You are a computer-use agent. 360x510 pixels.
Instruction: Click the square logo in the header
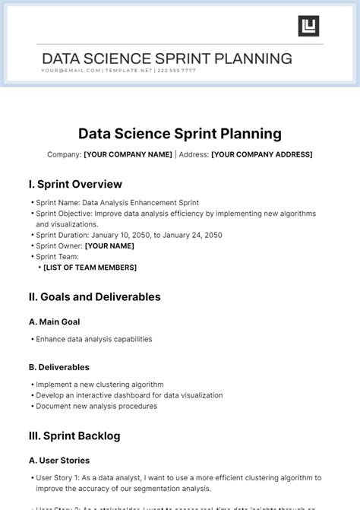pos(308,26)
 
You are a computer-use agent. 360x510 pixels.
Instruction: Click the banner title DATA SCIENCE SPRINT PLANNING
pos(167,59)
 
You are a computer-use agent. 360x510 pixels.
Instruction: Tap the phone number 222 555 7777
pos(178,71)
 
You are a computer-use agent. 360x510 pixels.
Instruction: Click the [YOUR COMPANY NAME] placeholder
pos(128,154)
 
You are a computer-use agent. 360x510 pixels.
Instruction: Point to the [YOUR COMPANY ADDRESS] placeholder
pos(261,154)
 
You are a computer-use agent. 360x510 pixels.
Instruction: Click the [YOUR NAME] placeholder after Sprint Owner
pos(109,246)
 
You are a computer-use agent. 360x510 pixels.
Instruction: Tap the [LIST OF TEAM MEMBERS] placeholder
pos(90,268)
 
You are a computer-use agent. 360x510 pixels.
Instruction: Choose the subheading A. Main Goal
pos(54,322)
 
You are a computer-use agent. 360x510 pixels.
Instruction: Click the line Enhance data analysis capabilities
pos(93,339)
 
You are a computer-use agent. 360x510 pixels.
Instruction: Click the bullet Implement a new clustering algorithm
pos(99,385)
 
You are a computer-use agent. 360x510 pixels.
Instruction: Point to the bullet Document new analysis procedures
pos(96,406)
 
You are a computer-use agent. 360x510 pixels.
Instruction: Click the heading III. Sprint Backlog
pos(74,436)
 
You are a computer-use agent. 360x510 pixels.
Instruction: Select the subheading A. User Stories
pos(58,461)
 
